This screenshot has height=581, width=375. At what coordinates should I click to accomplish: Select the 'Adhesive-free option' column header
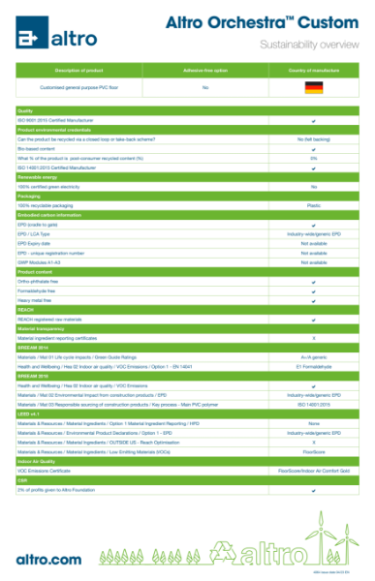tap(205, 71)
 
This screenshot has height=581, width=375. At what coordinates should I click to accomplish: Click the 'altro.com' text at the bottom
tap(48, 559)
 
